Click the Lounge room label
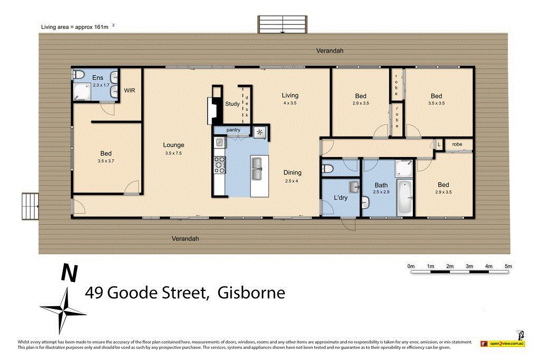click(x=173, y=145)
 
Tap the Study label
click(x=232, y=104)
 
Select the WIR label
click(x=130, y=91)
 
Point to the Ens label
click(x=98, y=78)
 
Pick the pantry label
click(x=233, y=130)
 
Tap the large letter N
click(x=69, y=273)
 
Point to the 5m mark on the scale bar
click(x=508, y=266)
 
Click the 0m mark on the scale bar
click(x=411, y=266)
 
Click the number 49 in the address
click(x=95, y=293)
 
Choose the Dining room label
click(x=293, y=172)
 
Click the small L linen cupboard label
click(x=439, y=144)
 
